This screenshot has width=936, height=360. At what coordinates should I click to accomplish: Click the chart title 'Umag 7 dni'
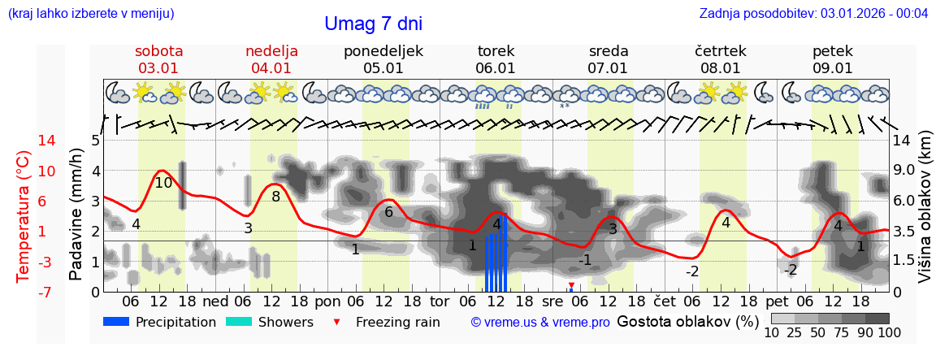(x=373, y=24)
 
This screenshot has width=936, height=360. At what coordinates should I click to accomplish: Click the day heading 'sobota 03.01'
(x=159, y=59)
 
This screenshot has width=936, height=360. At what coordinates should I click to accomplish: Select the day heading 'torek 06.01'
(x=496, y=59)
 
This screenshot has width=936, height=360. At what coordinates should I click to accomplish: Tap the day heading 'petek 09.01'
(x=833, y=59)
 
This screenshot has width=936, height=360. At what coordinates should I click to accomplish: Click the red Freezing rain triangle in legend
(x=337, y=322)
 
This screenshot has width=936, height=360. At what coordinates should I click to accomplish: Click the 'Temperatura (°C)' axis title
(x=24, y=216)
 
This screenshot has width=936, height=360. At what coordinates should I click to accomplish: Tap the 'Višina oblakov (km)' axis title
(x=925, y=216)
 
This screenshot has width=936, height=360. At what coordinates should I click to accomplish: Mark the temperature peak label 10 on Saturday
(x=163, y=183)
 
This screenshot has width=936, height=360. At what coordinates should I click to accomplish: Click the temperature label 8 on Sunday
(x=275, y=196)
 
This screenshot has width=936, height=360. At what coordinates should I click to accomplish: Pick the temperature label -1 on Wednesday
(x=585, y=260)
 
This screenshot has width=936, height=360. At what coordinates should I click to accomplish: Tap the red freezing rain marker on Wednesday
(x=571, y=285)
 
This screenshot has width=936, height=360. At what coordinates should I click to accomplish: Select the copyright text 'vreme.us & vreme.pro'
(x=540, y=322)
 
